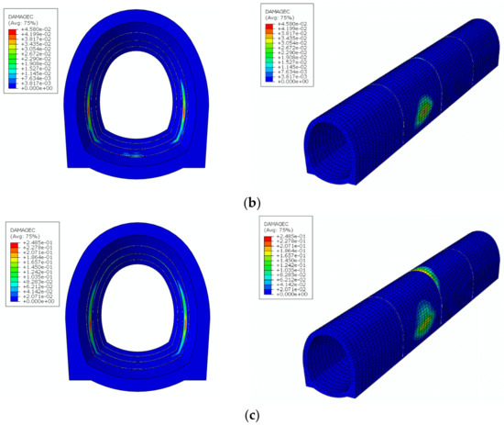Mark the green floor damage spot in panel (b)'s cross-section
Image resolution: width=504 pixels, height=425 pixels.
pyautogui.click(x=136, y=156)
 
